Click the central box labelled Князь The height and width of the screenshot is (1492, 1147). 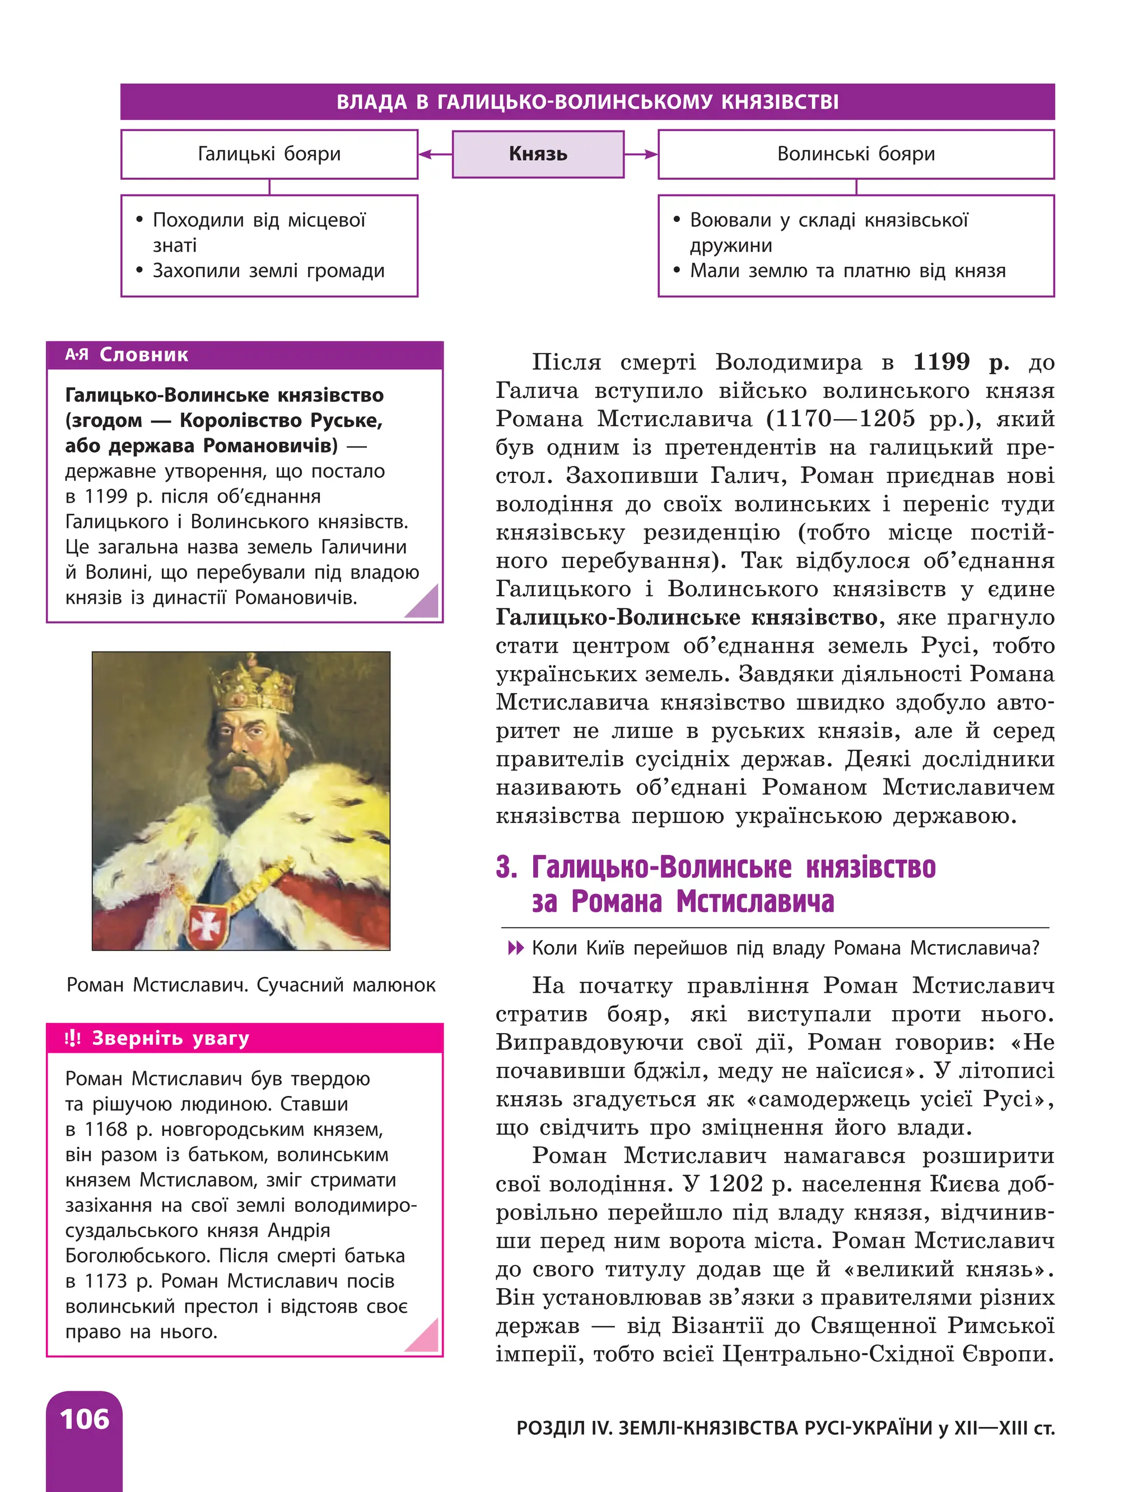(x=538, y=154)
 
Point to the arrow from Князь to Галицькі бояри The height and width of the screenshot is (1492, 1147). (x=435, y=154)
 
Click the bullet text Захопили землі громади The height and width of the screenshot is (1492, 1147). (x=268, y=271)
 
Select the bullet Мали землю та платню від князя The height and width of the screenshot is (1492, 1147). (x=847, y=271)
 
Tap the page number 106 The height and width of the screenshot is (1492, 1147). (x=84, y=1420)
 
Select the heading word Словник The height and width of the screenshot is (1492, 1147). (x=143, y=355)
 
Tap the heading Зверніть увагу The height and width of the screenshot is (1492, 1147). (x=170, y=1039)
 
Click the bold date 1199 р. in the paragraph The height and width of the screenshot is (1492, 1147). (x=961, y=362)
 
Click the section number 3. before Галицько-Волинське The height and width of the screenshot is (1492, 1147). (x=506, y=867)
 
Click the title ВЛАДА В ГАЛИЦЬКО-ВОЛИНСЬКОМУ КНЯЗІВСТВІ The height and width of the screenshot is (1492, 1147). (x=587, y=103)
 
